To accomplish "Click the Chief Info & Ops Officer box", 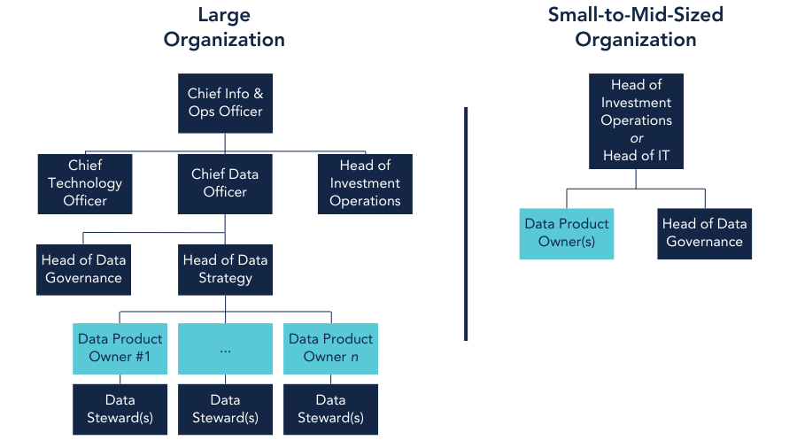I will (225, 102).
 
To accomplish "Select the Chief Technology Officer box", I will (85, 183).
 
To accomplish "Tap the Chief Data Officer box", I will (225, 183).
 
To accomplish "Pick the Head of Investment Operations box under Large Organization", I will (365, 183).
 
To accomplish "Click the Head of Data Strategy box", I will (225, 268).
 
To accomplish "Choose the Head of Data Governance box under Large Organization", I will (85, 268).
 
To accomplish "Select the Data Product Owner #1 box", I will (120, 348).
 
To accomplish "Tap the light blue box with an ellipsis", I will (225, 348).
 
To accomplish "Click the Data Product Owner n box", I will (330, 348).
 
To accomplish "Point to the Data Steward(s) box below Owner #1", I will (120, 409).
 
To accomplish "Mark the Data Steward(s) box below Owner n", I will (330, 409).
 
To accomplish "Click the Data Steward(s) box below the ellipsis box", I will (225, 409).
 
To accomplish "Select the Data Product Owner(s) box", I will (567, 233).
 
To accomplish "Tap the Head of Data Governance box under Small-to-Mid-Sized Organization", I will (705, 233).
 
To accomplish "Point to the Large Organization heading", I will (224, 27).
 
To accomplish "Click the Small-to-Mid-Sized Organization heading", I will (635, 27).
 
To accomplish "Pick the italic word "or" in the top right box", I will (636, 139).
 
